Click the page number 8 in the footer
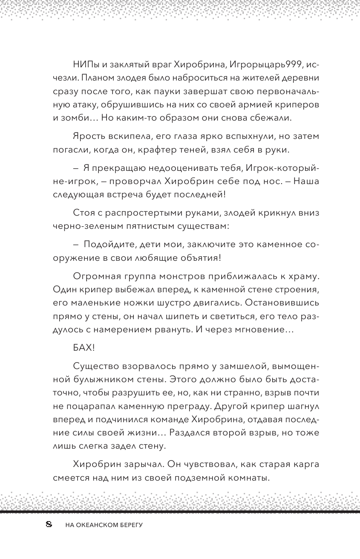(48, 525)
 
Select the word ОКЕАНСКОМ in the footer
(94, 526)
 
